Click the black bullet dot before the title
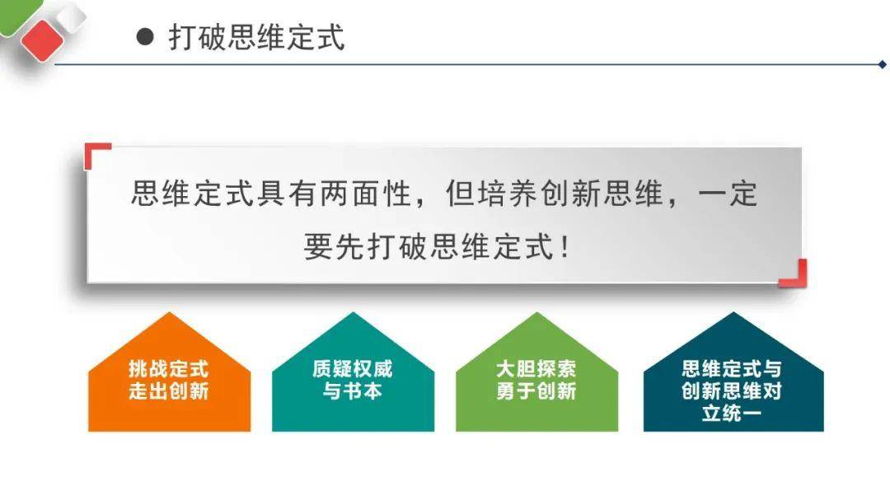(x=145, y=37)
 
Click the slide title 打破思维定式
(x=256, y=37)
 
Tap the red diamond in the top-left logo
(x=42, y=40)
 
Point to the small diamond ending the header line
(x=882, y=65)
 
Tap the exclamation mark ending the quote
(x=564, y=247)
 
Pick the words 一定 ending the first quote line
(x=728, y=194)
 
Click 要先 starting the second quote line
(x=335, y=247)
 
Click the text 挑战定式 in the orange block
(x=169, y=369)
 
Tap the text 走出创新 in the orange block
(x=169, y=391)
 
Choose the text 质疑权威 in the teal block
(x=353, y=369)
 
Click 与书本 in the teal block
(x=353, y=391)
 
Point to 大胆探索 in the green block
(x=536, y=369)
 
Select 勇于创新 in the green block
(x=536, y=391)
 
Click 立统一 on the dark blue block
(x=732, y=413)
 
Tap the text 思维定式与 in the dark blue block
(x=732, y=369)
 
